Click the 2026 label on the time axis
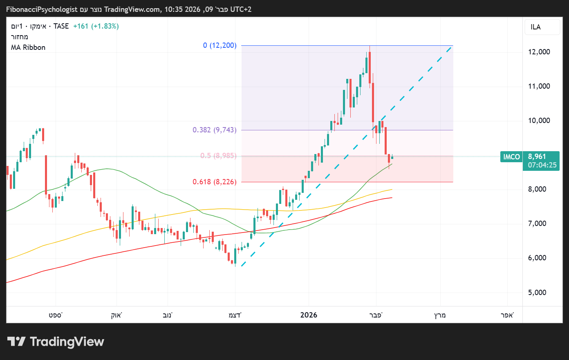pyautogui.click(x=309, y=315)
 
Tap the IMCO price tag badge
pyautogui.click(x=511, y=157)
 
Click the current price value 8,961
pyautogui.click(x=537, y=157)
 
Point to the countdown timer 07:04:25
pyautogui.click(x=542, y=165)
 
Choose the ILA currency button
pyautogui.click(x=535, y=27)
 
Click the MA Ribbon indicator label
pyautogui.click(x=28, y=47)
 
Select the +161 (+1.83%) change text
pyautogui.click(x=96, y=26)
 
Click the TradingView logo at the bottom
pyautogui.click(x=56, y=342)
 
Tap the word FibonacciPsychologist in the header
pyautogui.click(x=42, y=9)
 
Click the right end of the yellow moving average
pyautogui.click(x=392, y=190)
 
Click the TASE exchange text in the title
pyautogui.click(x=61, y=26)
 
